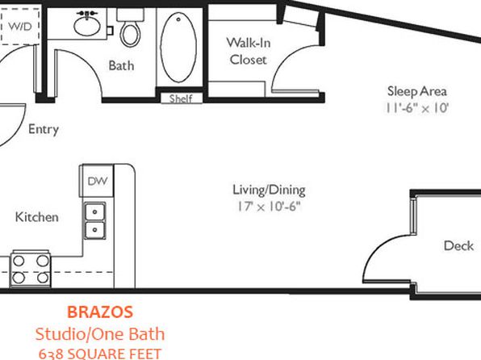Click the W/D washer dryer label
click(x=20, y=27)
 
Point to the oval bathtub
click(x=178, y=48)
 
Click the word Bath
click(x=121, y=65)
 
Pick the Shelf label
click(x=181, y=98)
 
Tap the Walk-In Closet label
click(x=249, y=51)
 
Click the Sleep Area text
click(x=417, y=91)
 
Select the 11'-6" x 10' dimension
click(x=417, y=108)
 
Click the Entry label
click(x=44, y=129)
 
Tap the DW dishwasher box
click(x=97, y=181)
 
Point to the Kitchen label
click(x=37, y=217)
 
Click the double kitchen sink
click(x=94, y=220)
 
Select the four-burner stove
click(x=31, y=270)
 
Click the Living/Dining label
click(x=269, y=190)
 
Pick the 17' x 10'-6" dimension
click(x=269, y=207)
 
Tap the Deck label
click(x=458, y=246)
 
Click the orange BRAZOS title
click(x=100, y=312)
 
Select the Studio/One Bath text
click(x=100, y=334)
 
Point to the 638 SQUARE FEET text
click(x=100, y=354)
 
